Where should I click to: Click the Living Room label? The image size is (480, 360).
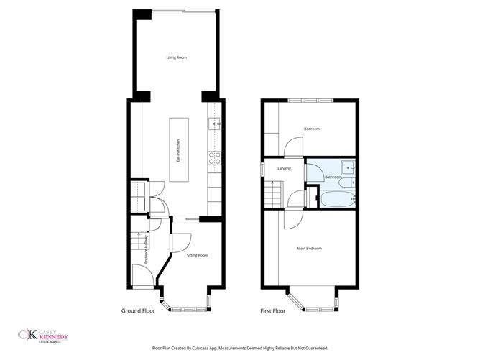(x=176, y=57)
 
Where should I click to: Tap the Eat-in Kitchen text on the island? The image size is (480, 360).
(x=177, y=152)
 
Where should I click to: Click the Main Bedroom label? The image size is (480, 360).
(x=310, y=249)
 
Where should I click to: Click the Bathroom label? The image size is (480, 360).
(x=333, y=177)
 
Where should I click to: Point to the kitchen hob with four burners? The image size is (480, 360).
(x=213, y=157)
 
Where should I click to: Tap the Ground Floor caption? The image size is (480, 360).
(x=137, y=311)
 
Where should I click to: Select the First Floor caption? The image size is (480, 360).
(x=272, y=311)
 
